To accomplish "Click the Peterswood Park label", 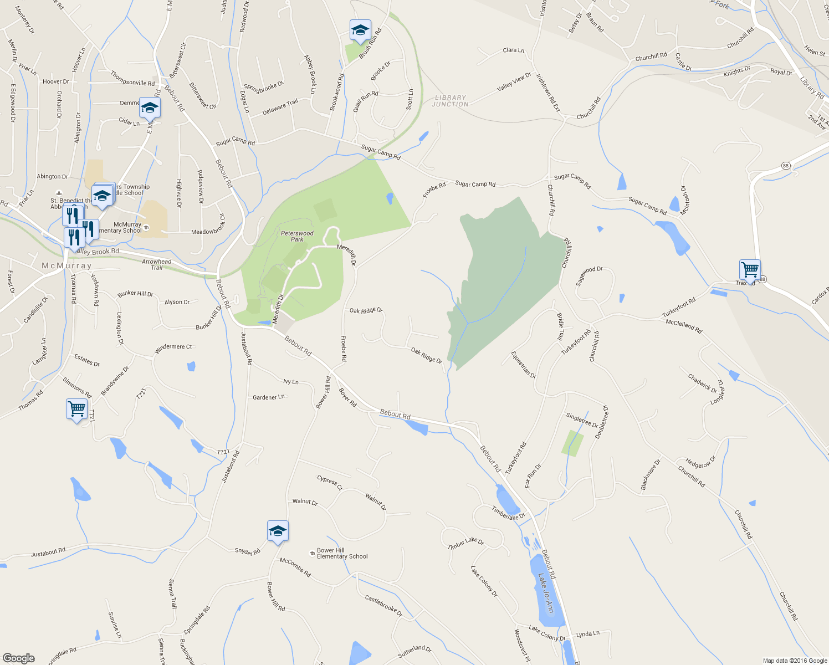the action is [297, 236].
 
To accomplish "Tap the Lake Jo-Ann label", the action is [546, 592].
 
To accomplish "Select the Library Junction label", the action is [450, 101].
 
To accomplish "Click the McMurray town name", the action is [66, 266].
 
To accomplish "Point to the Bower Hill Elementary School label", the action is [342, 553].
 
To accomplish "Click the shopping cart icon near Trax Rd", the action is [750, 270].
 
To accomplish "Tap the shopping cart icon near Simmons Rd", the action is [76, 409].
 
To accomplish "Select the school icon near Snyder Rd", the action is [278, 531].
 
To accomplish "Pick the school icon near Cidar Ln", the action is [150, 108].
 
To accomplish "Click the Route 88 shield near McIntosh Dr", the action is [786, 166].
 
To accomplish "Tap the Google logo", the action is [19, 658].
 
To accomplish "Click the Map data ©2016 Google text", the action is [795, 661].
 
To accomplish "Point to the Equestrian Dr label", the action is [524, 365].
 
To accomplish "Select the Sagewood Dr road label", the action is [589, 275].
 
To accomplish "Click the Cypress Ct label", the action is [330, 482].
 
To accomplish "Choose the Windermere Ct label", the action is [173, 347].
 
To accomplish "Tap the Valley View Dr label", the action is [514, 82].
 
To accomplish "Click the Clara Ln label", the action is [513, 50].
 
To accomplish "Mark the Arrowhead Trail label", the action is [157, 264].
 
